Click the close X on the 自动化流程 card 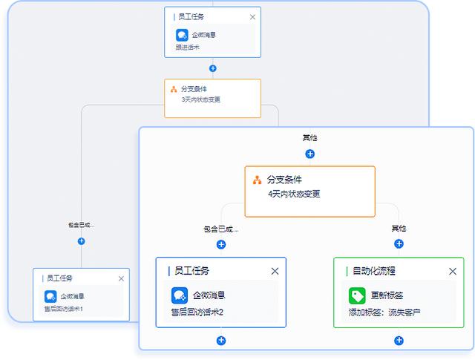point(453,272)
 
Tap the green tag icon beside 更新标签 point(358,295)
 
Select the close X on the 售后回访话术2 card point(275,272)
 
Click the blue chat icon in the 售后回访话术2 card point(180,295)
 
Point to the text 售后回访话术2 point(197,312)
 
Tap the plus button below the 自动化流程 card point(399,341)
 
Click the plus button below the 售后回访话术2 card point(221,341)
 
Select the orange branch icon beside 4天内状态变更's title point(257,180)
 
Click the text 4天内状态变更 point(294,194)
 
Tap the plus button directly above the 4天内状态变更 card point(310,154)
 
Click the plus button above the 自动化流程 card point(399,243)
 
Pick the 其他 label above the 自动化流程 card point(399,228)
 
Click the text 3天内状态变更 point(200,99)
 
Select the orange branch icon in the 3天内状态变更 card point(174,89)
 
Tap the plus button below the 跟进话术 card point(213,68)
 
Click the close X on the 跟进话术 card point(252,16)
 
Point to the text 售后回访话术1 point(64,309)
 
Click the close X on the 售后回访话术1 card point(121,278)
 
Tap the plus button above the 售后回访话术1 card point(82,241)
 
